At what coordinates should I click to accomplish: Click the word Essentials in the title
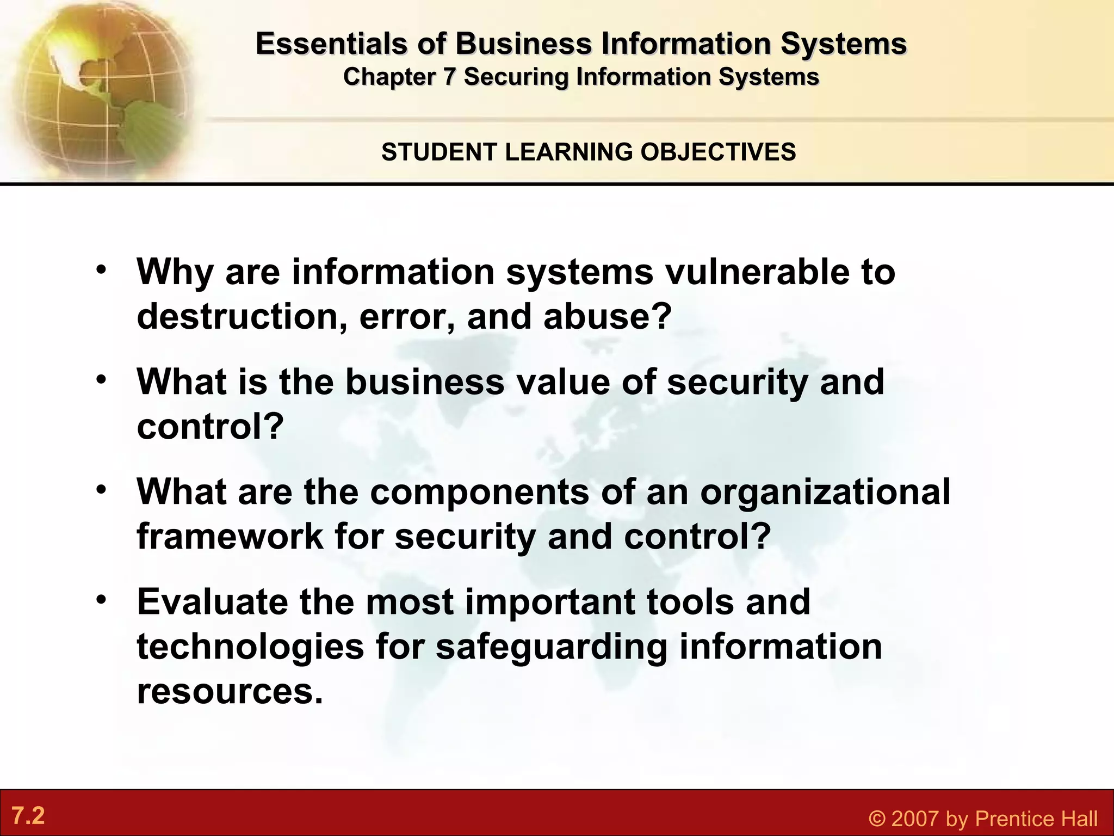point(331,44)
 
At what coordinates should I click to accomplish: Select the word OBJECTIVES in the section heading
point(718,152)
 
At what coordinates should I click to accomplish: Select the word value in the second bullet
point(564,382)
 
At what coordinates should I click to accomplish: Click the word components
point(480,492)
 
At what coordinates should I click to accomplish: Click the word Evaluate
point(212,602)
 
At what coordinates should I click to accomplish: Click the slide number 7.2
point(28,816)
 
